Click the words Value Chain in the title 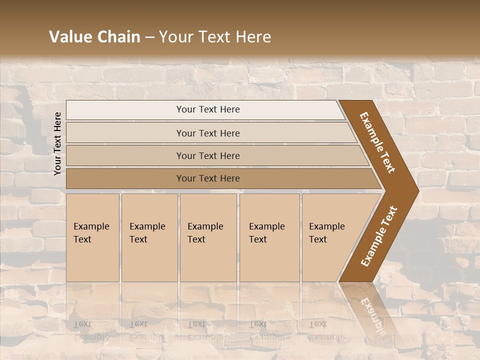coord(94,37)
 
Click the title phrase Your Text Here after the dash coord(215,37)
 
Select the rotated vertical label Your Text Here coord(58,143)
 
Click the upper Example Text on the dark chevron coord(377,142)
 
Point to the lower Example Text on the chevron coord(379,236)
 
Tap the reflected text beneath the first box coord(90,330)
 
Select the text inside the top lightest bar coord(208,109)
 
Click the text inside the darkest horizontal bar coord(208,178)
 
